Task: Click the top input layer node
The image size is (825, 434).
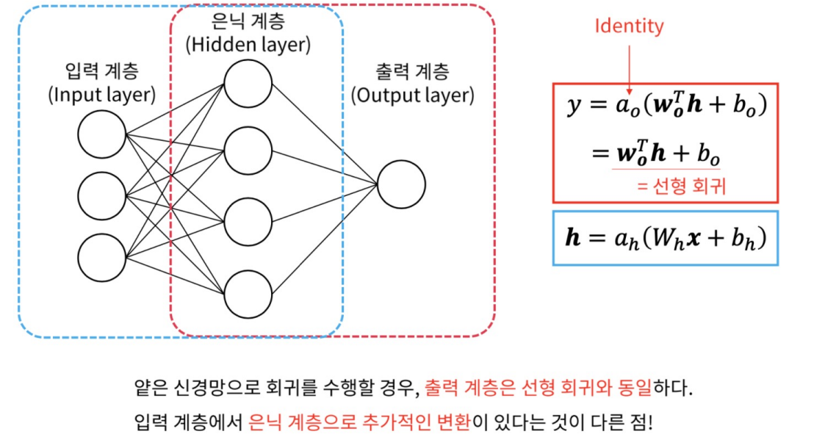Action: point(102,135)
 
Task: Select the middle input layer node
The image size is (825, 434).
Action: point(102,195)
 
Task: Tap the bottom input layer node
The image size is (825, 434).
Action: point(102,256)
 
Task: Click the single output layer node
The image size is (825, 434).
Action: point(401,184)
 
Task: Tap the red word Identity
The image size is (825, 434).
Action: point(629,27)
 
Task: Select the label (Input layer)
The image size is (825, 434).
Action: point(102,95)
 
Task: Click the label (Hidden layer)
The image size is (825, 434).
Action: point(248,45)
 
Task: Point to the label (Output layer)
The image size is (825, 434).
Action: point(412,95)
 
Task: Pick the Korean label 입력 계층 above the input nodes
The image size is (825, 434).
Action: point(101,71)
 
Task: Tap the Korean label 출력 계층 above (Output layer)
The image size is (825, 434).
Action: point(412,72)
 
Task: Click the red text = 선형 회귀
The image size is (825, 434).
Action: point(681,186)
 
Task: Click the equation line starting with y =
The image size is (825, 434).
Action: point(666,107)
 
